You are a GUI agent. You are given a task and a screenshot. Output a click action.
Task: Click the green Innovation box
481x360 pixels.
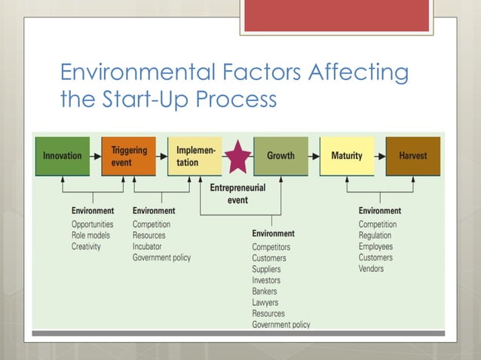coord(62,156)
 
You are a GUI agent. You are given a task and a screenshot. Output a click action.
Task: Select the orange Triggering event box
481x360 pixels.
coord(129,156)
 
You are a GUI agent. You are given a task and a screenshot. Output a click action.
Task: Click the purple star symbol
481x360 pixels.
coord(238,156)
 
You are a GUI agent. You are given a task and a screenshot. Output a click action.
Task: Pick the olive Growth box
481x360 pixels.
coord(280,156)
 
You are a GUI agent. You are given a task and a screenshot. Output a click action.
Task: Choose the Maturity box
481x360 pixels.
coord(347,156)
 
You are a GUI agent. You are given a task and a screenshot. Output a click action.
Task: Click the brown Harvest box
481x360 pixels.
coord(412,156)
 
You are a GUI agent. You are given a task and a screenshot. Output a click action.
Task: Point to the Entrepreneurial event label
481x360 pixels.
coord(238,194)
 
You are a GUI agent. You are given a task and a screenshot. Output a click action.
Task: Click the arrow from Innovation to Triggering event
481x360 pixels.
coord(95,157)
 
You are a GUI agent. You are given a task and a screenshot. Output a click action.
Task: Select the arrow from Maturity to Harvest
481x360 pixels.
coord(380,157)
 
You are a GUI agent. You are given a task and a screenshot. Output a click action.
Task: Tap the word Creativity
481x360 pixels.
coord(86,246)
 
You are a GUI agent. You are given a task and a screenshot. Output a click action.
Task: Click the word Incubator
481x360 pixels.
coord(147,246)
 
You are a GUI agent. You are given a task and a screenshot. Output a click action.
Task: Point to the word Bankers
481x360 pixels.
coord(265,291)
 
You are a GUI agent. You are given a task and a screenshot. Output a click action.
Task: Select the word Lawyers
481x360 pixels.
coord(265,303)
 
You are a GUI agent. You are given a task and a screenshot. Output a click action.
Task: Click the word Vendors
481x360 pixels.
coord(371,268)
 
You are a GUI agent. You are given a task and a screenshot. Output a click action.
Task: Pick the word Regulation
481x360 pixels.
coord(375,236)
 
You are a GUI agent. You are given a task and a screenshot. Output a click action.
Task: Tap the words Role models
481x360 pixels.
coord(90,236)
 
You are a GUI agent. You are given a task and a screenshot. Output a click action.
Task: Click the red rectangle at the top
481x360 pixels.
coord(336,15)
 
